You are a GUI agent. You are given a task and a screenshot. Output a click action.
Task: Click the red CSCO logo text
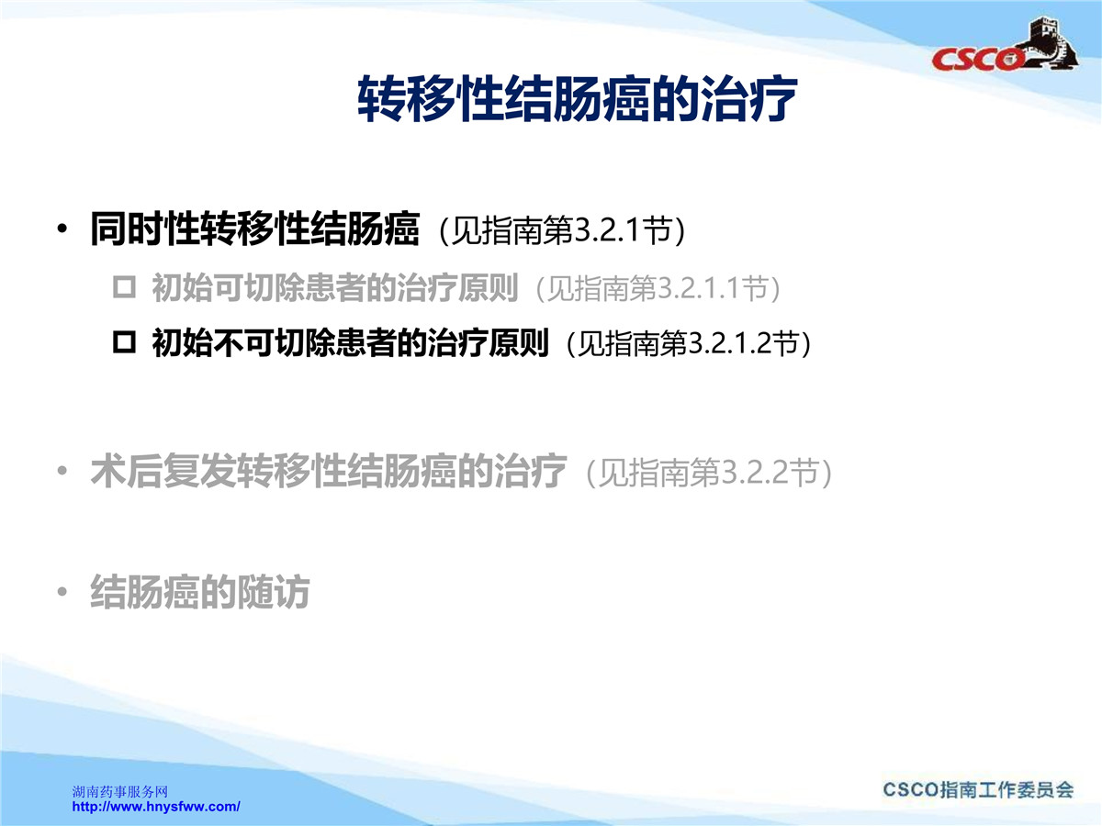pyautogui.click(x=977, y=59)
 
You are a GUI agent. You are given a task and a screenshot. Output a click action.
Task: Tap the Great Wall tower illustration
pyautogui.click(x=1049, y=41)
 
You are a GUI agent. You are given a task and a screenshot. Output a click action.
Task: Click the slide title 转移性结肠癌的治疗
pyautogui.click(x=577, y=99)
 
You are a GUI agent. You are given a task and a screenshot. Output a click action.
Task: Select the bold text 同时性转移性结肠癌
pyautogui.click(x=254, y=229)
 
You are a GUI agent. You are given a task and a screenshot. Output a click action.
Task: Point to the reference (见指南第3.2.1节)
pyautogui.click(x=562, y=230)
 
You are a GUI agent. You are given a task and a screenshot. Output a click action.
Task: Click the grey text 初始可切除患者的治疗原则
pyautogui.click(x=335, y=288)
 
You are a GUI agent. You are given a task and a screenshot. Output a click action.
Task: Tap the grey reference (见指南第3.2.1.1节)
pyautogui.click(x=658, y=289)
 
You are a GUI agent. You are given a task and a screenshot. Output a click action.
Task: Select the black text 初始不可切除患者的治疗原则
pyautogui.click(x=350, y=343)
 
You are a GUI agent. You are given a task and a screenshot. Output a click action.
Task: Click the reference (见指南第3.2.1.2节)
pyautogui.click(x=689, y=344)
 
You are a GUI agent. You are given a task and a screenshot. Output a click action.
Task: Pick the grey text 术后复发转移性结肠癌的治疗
pyautogui.click(x=329, y=471)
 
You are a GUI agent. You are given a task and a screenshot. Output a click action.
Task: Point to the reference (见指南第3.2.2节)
pyautogui.click(x=709, y=472)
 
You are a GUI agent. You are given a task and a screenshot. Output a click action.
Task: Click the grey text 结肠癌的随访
pyautogui.click(x=200, y=592)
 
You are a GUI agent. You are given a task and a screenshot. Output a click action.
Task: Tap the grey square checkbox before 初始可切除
pyautogui.click(x=124, y=288)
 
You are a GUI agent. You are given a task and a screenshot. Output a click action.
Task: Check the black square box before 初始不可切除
pyautogui.click(x=124, y=343)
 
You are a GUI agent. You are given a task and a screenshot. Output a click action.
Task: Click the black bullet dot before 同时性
pyautogui.click(x=62, y=229)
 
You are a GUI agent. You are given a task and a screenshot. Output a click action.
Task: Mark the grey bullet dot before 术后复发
pyautogui.click(x=62, y=471)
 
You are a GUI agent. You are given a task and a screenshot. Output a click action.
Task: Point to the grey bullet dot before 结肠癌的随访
pyautogui.click(x=62, y=592)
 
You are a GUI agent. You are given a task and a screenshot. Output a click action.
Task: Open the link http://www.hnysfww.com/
pyautogui.click(x=156, y=807)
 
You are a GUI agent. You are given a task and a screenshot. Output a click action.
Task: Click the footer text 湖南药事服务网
pyautogui.click(x=120, y=792)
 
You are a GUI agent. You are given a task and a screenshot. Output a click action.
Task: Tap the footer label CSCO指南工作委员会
pyautogui.click(x=978, y=790)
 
